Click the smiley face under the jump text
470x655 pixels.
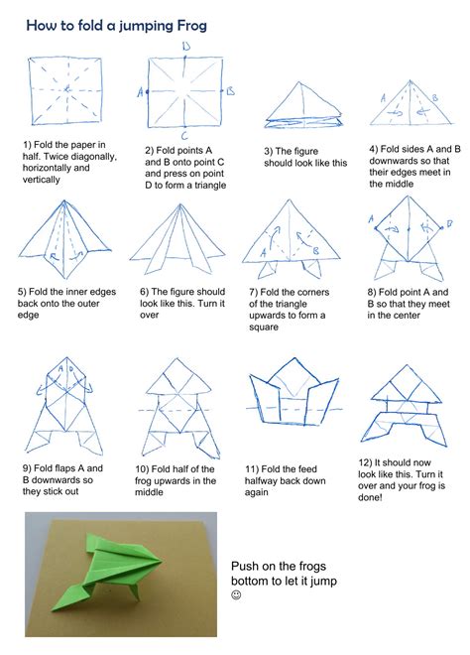coord(236,595)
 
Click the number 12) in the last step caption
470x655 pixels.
coord(367,462)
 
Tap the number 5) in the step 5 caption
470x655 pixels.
coord(22,292)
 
